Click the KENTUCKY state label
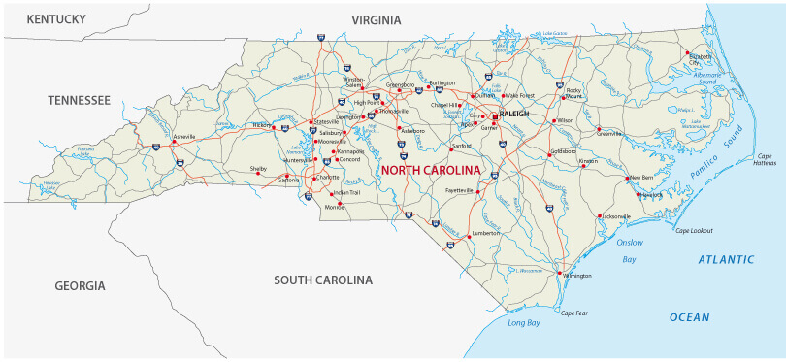[56, 19]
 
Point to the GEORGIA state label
[80, 285]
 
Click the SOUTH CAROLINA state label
[323, 280]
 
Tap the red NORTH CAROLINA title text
[431, 170]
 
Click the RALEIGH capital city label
[514, 114]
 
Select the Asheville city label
[183, 136]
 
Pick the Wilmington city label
[575, 276]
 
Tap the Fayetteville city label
[459, 190]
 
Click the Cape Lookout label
[694, 230]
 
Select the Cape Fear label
[574, 313]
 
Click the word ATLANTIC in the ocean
[726, 259]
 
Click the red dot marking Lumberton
[470, 236]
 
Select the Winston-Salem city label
[353, 81]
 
